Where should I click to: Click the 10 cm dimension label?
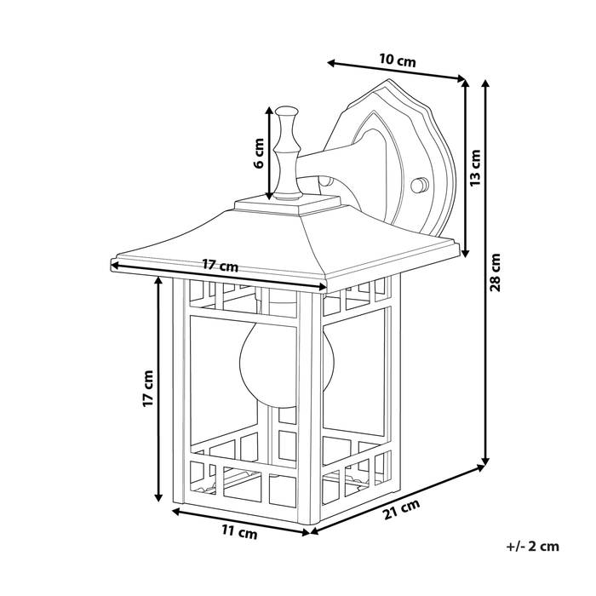point(397,60)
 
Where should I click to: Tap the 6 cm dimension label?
point(261,155)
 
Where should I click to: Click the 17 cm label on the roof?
point(220,266)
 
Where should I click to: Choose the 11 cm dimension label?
point(239,533)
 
